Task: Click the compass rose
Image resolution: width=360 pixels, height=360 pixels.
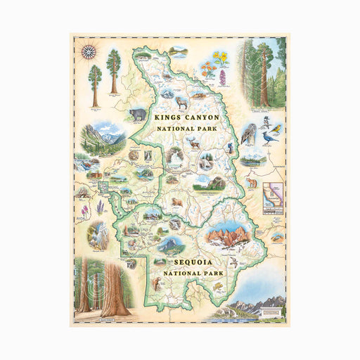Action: [x=89, y=51]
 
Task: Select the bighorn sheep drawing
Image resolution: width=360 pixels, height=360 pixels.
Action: [x=182, y=102]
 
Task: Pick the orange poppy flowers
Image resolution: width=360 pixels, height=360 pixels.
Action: [x=207, y=70]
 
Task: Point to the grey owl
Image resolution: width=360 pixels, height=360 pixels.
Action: [x=250, y=133]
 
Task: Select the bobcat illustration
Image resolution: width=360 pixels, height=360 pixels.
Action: [x=157, y=284]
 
